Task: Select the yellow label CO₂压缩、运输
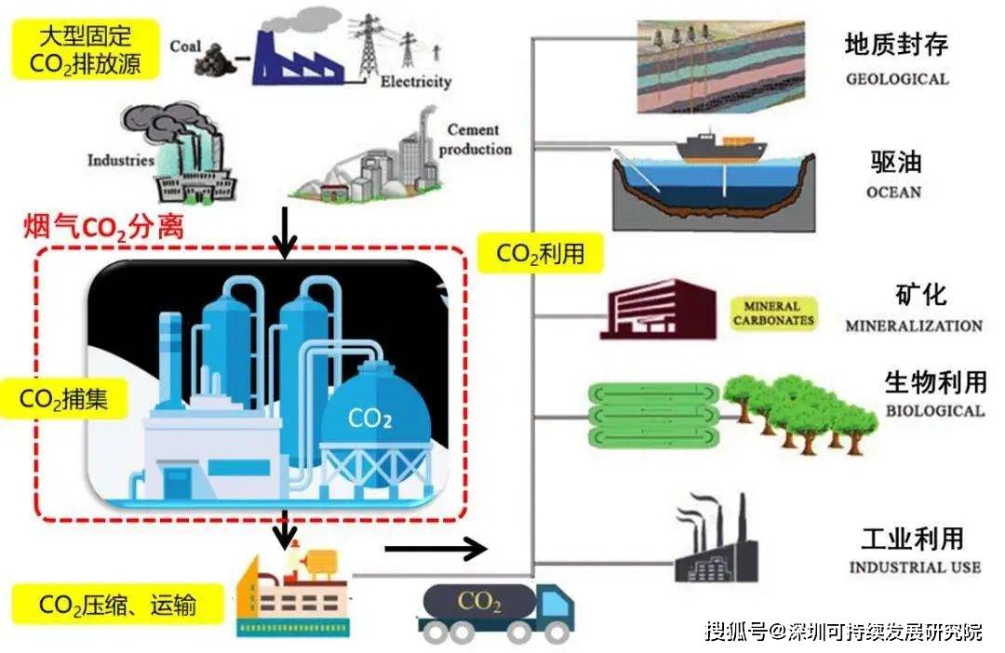click(117, 605)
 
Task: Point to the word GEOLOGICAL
click(897, 79)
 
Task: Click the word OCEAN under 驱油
click(892, 193)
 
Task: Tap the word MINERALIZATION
click(913, 326)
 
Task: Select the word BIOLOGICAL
click(933, 411)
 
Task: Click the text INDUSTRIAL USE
click(914, 566)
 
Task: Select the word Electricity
click(416, 82)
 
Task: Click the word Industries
click(121, 160)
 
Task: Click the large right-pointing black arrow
click(435, 548)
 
